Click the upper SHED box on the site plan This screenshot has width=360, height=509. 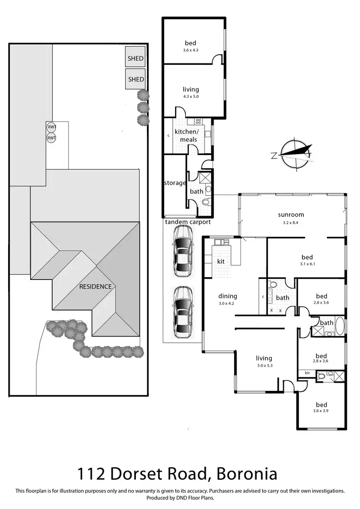tap(135, 59)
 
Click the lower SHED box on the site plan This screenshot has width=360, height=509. tap(135, 79)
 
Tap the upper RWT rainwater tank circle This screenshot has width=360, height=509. tap(51, 127)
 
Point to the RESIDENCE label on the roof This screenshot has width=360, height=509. tap(96, 287)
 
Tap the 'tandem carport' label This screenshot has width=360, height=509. tap(188, 222)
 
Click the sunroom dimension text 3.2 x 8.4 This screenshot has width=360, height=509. tap(291, 223)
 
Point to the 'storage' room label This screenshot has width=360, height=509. tap(175, 183)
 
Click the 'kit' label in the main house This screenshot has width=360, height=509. tap(221, 261)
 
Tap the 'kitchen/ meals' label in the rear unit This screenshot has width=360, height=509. tap(186, 135)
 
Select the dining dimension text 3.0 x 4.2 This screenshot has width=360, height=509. tap(228, 303)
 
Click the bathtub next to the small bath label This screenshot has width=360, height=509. tap(339, 327)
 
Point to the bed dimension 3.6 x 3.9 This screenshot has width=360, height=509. tap(321, 411)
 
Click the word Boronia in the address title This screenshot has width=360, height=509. tap(247, 474)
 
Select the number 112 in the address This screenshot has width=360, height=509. tap(94, 474)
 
